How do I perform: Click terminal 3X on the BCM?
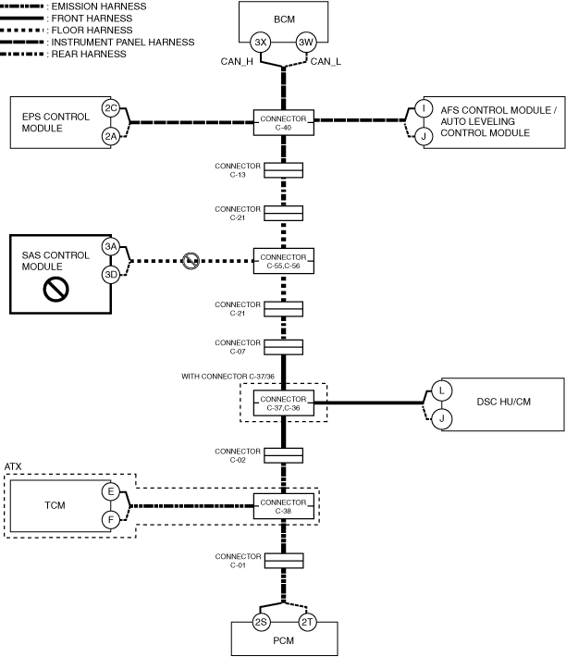pyautogui.click(x=263, y=43)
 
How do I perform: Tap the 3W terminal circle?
pyautogui.click(x=306, y=43)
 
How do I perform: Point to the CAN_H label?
pyautogui.click(x=232, y=62)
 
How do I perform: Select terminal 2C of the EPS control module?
pyautogui.click(x=112, y=109)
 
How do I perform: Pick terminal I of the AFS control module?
pyautogui.click(x=424, y=109)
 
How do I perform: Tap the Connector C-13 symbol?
pyautogui.click(x=284, y=169)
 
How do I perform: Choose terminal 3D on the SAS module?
pyautogui.click(x=112, y=274)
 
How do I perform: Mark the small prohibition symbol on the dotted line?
pyautogui.click(x=190, y=260)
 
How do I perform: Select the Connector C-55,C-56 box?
pyautogui.click(x=284, y=260)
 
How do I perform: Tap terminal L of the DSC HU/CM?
pyautogui.click(x=441, y=390)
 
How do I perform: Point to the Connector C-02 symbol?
pyautogui.click(x=284, y=455)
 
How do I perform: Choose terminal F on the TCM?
pyautogui.click(x=112, y=520)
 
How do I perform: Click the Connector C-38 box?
pyautogui.click(x=284, y=506)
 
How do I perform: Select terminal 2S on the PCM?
pyautogui.click(x=262, y=623)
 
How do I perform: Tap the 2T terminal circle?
pyautogui.click(x=306, y=623)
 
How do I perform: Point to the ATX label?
pyautogui.click(x=13, y=466)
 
